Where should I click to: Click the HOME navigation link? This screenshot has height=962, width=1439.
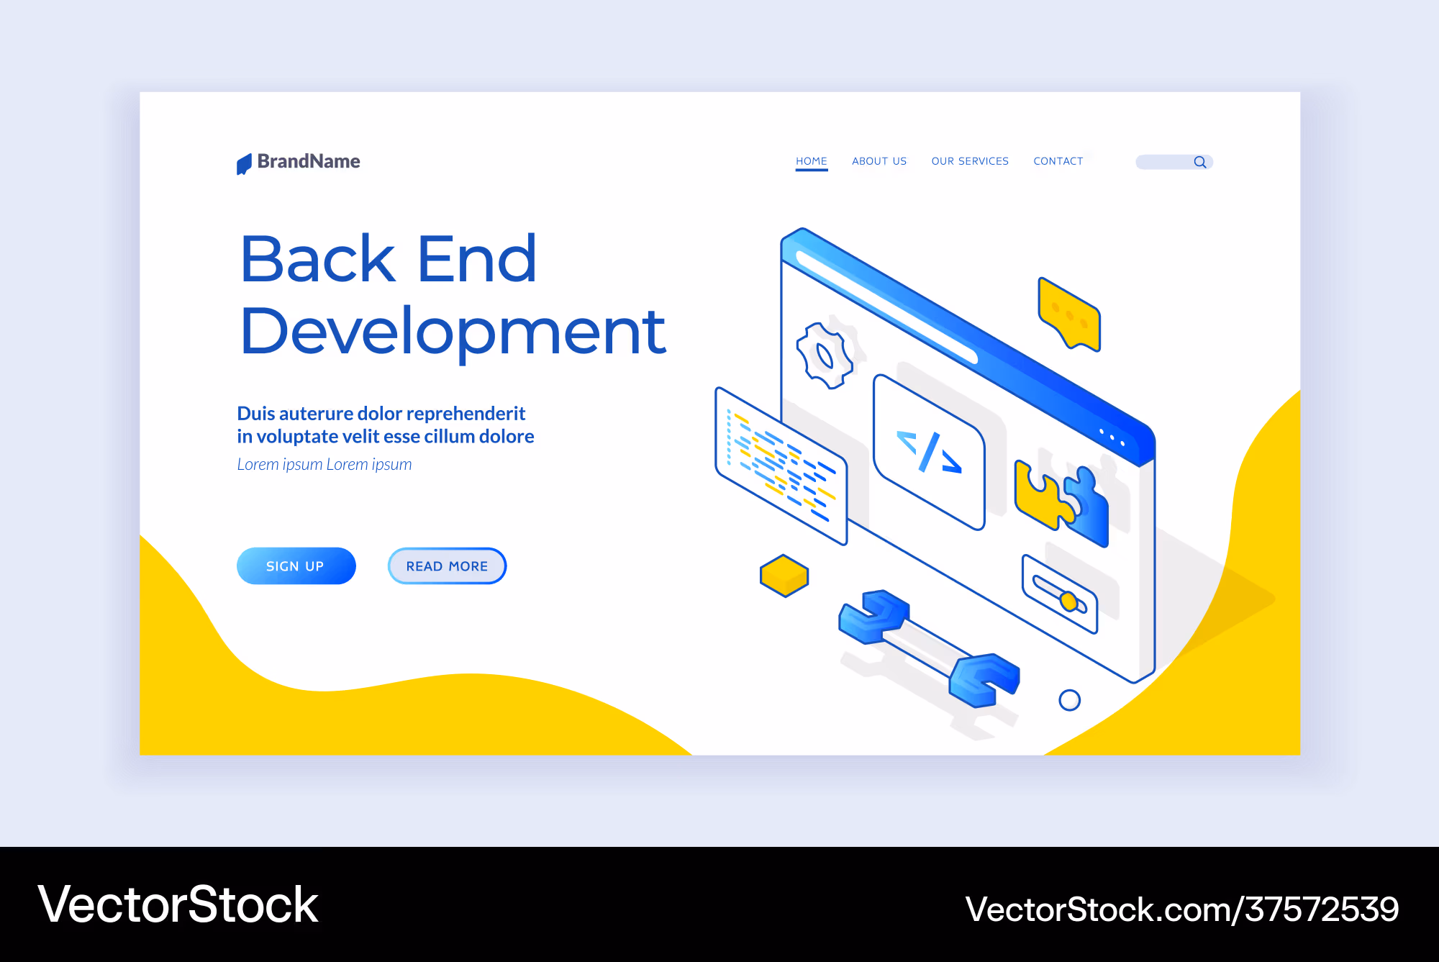[811, 161]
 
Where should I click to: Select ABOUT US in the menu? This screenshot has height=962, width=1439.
[879, 161]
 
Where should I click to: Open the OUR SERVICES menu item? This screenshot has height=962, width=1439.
[970, 161]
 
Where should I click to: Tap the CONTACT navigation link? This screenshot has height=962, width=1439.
[1058, 161]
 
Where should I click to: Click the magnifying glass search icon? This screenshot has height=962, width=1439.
[1200, 162]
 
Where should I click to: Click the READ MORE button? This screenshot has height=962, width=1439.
[447, 566]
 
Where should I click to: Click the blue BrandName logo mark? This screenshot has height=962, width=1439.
[244, 164]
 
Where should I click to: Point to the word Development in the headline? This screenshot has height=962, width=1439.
[453, 332]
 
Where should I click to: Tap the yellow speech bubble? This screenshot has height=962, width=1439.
[1070, 314]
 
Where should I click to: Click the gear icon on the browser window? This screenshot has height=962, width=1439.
[825, 356]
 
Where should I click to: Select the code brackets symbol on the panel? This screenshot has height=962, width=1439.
[929, 452]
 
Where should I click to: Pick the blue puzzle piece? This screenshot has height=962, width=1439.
[1089, 507]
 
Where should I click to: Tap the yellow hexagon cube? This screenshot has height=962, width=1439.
[784, 576]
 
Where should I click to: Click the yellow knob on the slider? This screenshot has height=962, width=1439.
[1069, 601]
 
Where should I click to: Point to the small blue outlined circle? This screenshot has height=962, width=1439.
[1070, 700]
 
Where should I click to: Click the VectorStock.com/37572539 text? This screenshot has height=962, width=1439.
[1182, 909]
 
